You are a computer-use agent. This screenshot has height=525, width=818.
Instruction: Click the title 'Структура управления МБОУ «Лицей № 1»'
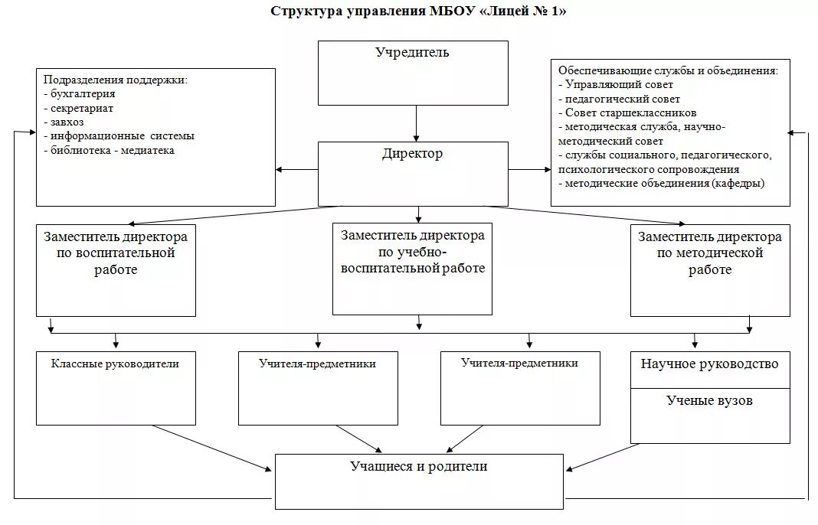point(418,11)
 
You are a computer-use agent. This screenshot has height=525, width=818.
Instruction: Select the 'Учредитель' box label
point(412,53)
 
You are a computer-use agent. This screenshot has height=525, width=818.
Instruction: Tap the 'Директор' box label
point(412,154)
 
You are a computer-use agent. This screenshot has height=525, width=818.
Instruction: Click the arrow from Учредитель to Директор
point(416,122)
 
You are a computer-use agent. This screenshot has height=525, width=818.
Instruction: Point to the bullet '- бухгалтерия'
point(80,94)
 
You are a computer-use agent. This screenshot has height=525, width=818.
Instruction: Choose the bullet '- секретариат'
point(80,108)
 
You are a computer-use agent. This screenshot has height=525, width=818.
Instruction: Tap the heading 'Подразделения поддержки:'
point(115,80)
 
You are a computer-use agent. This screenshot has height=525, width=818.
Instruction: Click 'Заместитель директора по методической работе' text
point(709,253)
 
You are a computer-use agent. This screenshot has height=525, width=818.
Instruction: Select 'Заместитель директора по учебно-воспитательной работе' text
point(413,252)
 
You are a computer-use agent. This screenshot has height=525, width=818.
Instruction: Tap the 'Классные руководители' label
point(115,364)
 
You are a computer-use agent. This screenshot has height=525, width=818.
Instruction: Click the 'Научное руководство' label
point(709,364)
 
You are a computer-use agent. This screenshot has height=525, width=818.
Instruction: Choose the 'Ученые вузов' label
point(709,400)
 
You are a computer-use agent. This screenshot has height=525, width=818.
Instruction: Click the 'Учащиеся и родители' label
point(418,466)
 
